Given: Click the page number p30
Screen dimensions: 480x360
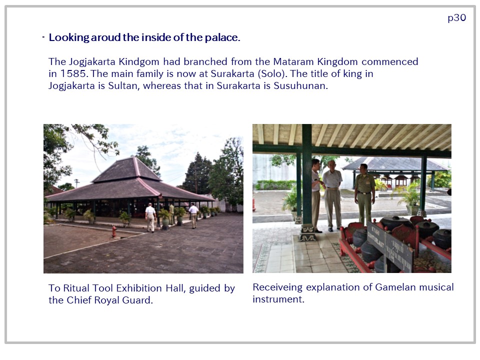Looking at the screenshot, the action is pos(456,18).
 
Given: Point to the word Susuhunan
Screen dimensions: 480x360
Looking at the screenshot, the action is pos(300,85).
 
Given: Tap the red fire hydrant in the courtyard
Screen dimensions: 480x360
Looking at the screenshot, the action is pos(114,231).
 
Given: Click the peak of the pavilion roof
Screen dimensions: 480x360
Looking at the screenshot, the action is pos(134,157).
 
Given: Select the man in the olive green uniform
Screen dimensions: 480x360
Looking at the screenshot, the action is pos(365,193).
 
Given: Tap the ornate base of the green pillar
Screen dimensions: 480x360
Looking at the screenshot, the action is pos(307,233).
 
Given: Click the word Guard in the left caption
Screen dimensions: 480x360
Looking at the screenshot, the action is pos(137,300).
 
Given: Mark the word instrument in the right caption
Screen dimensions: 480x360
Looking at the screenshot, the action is pos(278,299).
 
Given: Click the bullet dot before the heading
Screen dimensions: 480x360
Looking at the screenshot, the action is pos(43,37).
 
